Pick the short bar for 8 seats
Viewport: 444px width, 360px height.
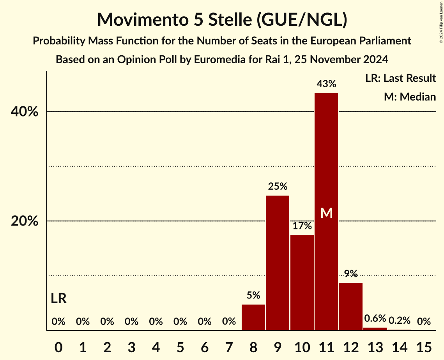coord(253,317)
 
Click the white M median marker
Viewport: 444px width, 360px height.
coord(326,213)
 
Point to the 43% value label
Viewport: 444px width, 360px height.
coord(326,84)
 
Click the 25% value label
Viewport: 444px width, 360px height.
coord(278,186)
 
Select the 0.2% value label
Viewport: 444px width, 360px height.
coord(400,321)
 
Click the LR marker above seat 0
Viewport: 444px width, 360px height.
coord(58,299)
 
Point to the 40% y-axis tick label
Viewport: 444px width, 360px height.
coord(24,112)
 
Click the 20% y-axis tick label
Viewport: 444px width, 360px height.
coord(24,222)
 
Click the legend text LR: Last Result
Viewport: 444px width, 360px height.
coord(401,78)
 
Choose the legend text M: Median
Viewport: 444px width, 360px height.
coord(410,97)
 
